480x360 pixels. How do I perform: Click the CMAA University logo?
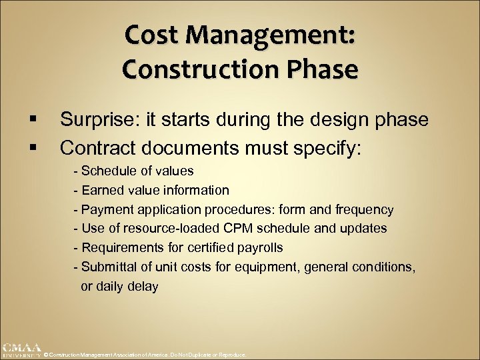click(x=21, y=351)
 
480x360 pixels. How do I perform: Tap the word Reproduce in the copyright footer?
click(x=233, y=355)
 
